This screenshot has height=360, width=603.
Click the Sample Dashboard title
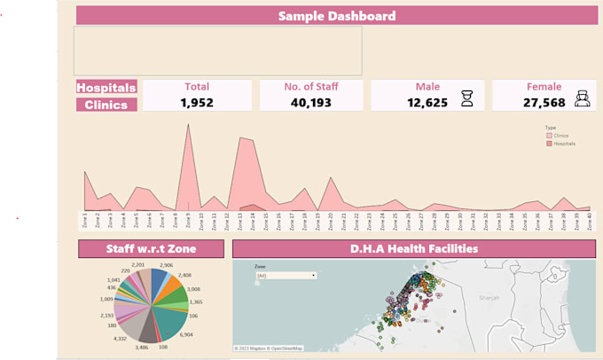coord(336,16)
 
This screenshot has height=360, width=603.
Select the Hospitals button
coord(106,88)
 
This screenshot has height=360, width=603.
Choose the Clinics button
coord(106,105)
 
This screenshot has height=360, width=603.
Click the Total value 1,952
coord(197,103)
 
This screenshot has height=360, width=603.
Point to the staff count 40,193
coord(312,103)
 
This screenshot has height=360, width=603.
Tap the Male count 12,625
coord(427,103)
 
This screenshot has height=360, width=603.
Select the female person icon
coord(583,99)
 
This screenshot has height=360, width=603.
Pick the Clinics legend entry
coord(559,135)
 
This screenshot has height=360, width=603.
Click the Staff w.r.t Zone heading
coord(151,249)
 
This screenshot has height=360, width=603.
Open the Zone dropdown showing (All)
coord(286,276)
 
